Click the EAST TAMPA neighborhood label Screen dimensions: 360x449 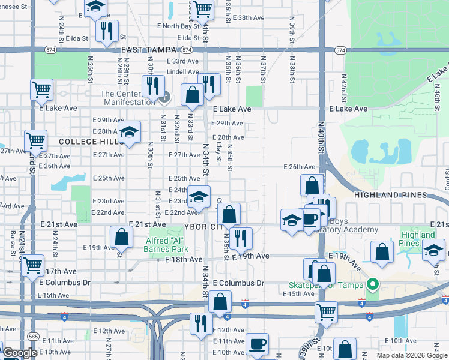click(x=149, y=50)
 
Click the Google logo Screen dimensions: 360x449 click(x=19, y=353)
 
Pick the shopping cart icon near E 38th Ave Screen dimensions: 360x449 click(x=203, y=9)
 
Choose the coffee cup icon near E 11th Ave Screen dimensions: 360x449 click(x=258, y=344)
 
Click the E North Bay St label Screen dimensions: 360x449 click(x=178, y=26)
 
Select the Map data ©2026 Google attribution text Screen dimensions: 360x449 click(x=411, y=355)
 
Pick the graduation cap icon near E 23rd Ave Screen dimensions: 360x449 click(x=199, y=196)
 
